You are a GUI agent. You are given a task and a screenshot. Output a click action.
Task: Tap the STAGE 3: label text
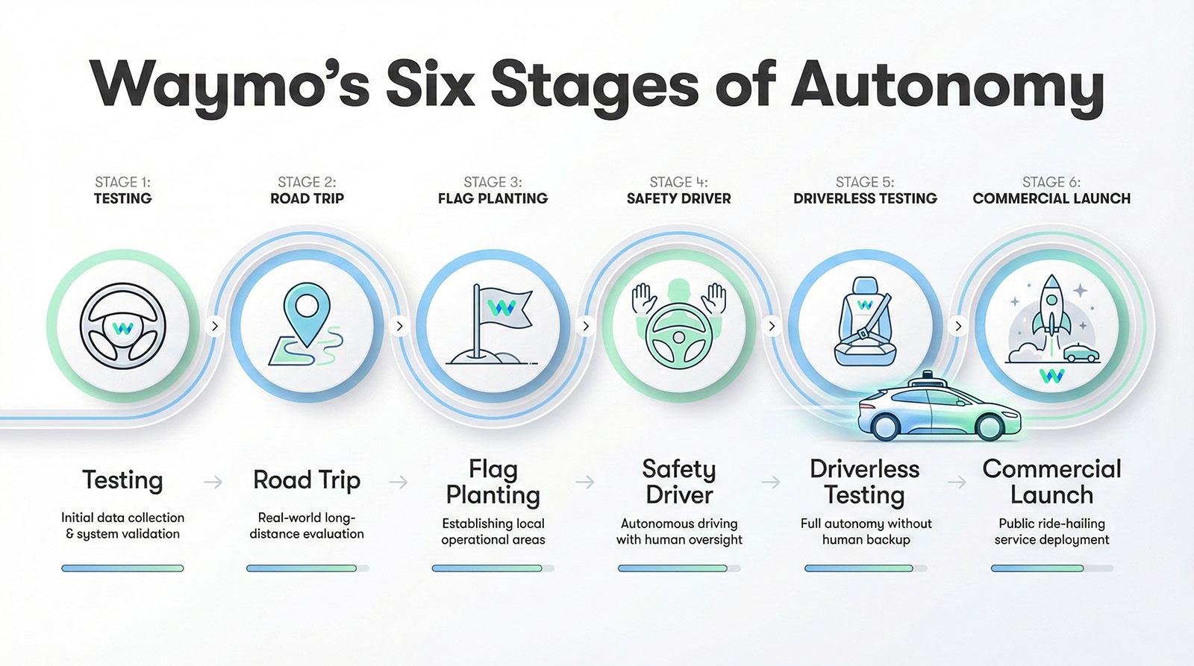(493, 182)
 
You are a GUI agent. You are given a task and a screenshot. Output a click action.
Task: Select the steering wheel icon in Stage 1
(123, 326)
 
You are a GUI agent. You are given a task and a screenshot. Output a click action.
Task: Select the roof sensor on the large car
(927, 376)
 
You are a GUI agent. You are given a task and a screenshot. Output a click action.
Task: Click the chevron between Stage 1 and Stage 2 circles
(215, 326)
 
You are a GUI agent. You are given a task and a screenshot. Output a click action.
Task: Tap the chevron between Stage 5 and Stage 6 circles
(958, 326)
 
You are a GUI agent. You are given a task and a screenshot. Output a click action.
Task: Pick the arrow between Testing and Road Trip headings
(213, 483)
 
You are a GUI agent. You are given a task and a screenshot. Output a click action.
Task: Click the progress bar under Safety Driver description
(678, 568)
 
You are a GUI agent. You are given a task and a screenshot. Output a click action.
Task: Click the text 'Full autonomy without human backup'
(866, 531)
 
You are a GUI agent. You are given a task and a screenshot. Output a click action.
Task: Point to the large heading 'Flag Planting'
(493, 482)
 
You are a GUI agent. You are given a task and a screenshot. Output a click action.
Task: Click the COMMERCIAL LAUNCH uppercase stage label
(1051, 198)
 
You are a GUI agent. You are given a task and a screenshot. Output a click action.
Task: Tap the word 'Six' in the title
(431, 84)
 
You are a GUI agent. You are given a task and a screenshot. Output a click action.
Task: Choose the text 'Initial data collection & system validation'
(122, 525)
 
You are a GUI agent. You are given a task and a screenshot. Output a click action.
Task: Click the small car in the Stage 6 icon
(1081, 353)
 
